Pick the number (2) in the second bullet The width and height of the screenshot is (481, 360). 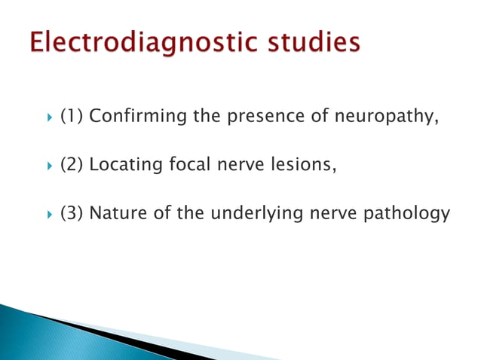click(x=72, y=165)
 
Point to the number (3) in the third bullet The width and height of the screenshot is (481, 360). click(x=72, y=214)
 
